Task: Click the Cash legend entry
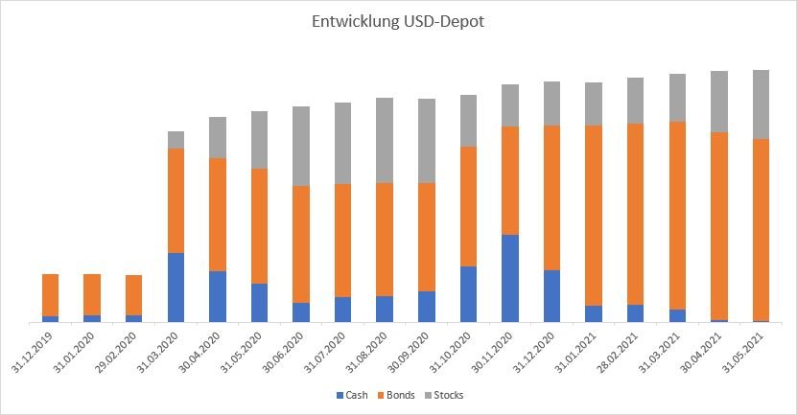(x=356, y=395)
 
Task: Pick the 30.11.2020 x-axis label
(x=497, y=353)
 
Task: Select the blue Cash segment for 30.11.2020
(x=510, y=278)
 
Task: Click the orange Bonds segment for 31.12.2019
(x=51, y=295)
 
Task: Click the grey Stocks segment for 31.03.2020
(x=176, y=140)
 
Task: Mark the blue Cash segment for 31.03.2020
(x=176, y=288)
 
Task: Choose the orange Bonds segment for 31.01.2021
(x=594, y=216)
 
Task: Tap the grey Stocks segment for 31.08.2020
(x=385, y=140)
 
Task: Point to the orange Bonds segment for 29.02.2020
(x=134, y=295)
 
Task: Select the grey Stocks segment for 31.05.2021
(x=761, y=104)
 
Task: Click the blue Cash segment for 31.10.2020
(x=468, y=293)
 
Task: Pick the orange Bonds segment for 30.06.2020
(x=301, y=244)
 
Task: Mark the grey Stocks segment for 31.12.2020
(x=551, y=104)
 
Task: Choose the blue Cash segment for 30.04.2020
(x=218, y=296)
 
